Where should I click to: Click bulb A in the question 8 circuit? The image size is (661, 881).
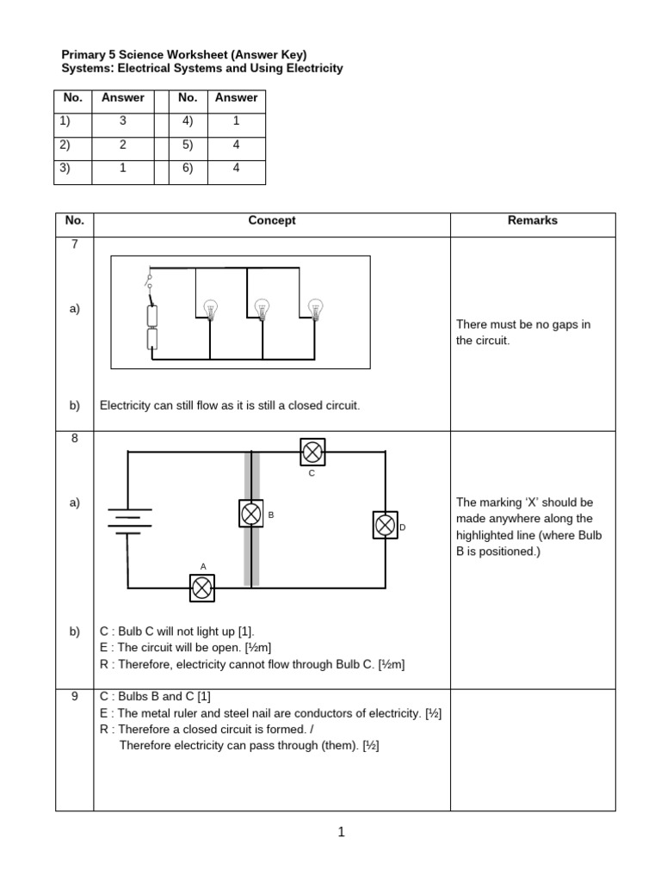coord(202,588)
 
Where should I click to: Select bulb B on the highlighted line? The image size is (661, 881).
coord(251,514)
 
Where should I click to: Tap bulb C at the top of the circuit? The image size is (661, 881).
coord(312,451)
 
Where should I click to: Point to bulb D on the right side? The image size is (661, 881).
coord(385,525)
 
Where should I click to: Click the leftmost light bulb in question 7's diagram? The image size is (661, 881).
coord(210,309)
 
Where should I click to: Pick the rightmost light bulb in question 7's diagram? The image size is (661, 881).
coord(315,308)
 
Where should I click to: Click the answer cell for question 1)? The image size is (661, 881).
coord(123,121)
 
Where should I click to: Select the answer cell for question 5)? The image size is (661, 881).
coord(237,145)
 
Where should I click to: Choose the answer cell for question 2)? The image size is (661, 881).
coord(123,145)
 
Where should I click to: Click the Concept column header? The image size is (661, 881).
coord(272,220)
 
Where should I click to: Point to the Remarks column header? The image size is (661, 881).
coord(532,220)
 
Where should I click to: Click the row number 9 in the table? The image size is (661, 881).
coord(75,697)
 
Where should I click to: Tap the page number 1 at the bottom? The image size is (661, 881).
coord(341,832)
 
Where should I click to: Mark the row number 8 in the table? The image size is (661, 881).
coord(75,438)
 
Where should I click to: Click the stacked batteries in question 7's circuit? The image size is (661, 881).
coord(152,328)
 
